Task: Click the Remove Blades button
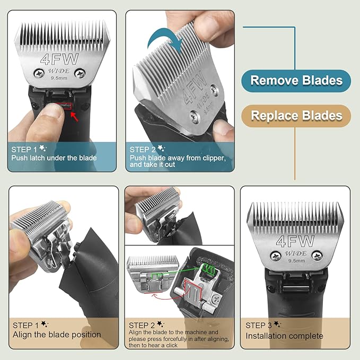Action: point(296,81)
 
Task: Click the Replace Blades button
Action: point(296,115)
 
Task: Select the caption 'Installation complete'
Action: point(284,336)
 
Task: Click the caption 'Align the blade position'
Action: point(57,335)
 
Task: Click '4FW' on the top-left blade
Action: point(58,57)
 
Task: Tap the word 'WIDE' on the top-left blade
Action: point(59,69)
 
